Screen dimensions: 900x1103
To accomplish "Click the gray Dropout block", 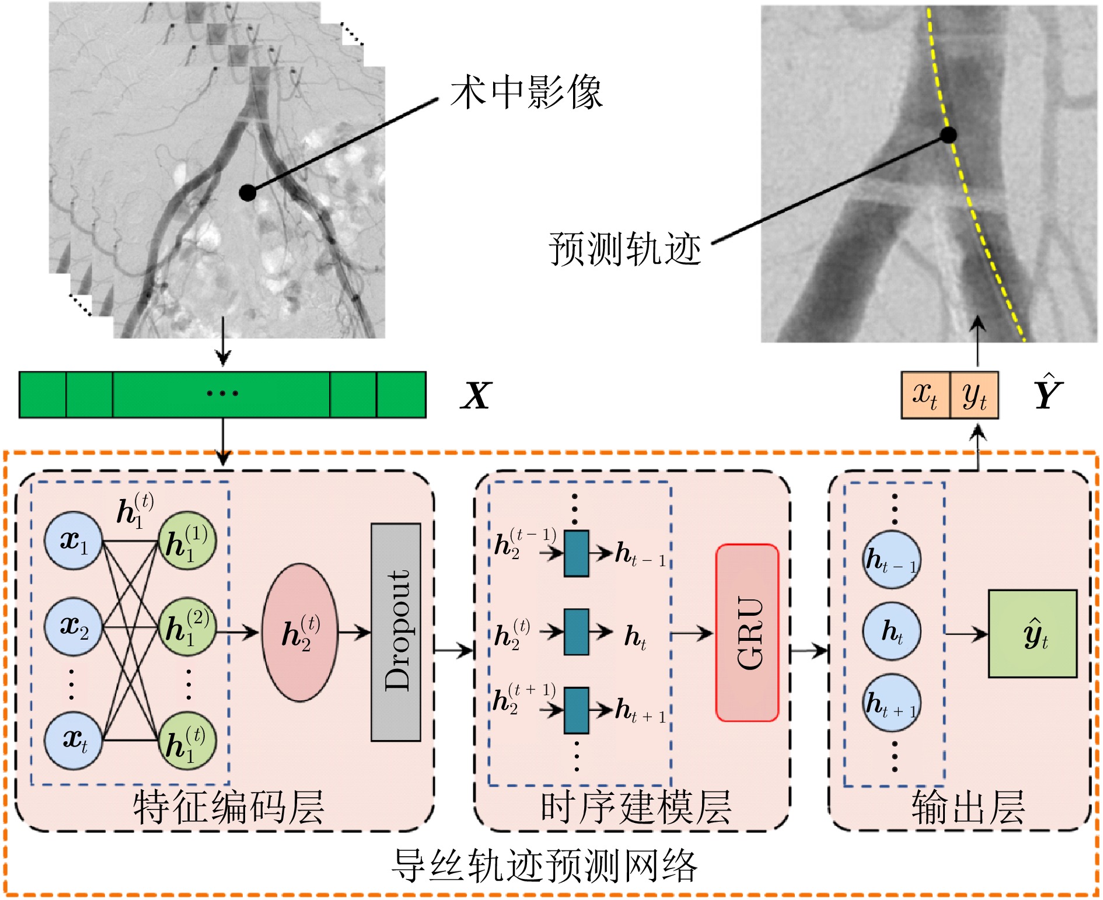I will coord(396,632).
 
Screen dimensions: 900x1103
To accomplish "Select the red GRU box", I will coord(747,633).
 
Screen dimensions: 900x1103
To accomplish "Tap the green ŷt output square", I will coord(1032,633).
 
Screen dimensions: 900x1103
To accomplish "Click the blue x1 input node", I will coord(74,541).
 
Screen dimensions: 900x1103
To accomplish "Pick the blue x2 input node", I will coord(74,626).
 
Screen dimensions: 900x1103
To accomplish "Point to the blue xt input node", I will coord(74,740).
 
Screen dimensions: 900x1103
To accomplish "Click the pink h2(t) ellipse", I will coord(300,632).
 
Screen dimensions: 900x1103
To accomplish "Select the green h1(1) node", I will coord(187,541).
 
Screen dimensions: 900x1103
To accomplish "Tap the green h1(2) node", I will coord(187,626).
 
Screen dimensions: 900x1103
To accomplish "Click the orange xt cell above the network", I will coord(926,395).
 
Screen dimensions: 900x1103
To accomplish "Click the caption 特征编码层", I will coord(228,807).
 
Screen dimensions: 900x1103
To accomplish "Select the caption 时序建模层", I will coord(636,807).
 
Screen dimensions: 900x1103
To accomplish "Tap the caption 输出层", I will coord(968,807).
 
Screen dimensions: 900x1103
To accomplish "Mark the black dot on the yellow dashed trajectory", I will coord(948,135).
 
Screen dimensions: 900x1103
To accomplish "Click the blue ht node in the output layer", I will coord(892,632).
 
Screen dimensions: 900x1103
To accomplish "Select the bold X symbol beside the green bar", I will coord(476,395).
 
